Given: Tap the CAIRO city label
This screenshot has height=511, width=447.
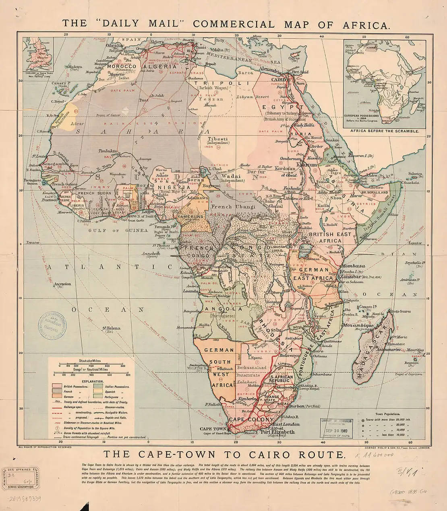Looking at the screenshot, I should coord(278,80).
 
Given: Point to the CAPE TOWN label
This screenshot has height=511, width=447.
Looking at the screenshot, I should coord(213,429).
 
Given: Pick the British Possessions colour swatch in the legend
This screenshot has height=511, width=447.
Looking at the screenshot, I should coord(57,386).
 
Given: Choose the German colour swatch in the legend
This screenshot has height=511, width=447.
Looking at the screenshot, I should coord(57,397).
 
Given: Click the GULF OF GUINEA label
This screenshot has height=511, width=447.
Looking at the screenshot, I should coord(118,231).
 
